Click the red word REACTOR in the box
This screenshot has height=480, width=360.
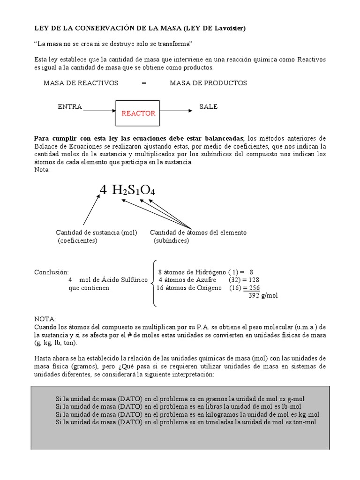point(138,113)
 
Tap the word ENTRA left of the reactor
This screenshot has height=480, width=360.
point(70,106)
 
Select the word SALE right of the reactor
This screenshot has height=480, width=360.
point(208,106)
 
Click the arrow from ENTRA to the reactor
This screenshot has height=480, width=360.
point(99,111)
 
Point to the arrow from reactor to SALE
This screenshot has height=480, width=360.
point(176,111)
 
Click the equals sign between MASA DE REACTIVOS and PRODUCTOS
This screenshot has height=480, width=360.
point(144,83)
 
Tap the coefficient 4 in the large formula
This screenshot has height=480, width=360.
point(103,189)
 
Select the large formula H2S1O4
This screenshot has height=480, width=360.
point(134,190)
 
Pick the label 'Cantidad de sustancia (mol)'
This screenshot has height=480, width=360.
point(97,232)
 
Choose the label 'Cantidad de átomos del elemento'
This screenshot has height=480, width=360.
point(198,232)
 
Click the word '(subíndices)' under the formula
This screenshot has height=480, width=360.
point(171,240)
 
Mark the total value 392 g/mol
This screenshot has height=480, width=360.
point(262,296)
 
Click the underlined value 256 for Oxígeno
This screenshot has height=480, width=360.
point(254,288)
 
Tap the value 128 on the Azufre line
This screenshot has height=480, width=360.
point(254,280)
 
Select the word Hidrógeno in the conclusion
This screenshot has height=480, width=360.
point(207,272)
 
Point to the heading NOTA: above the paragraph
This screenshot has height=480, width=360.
point(45,318)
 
